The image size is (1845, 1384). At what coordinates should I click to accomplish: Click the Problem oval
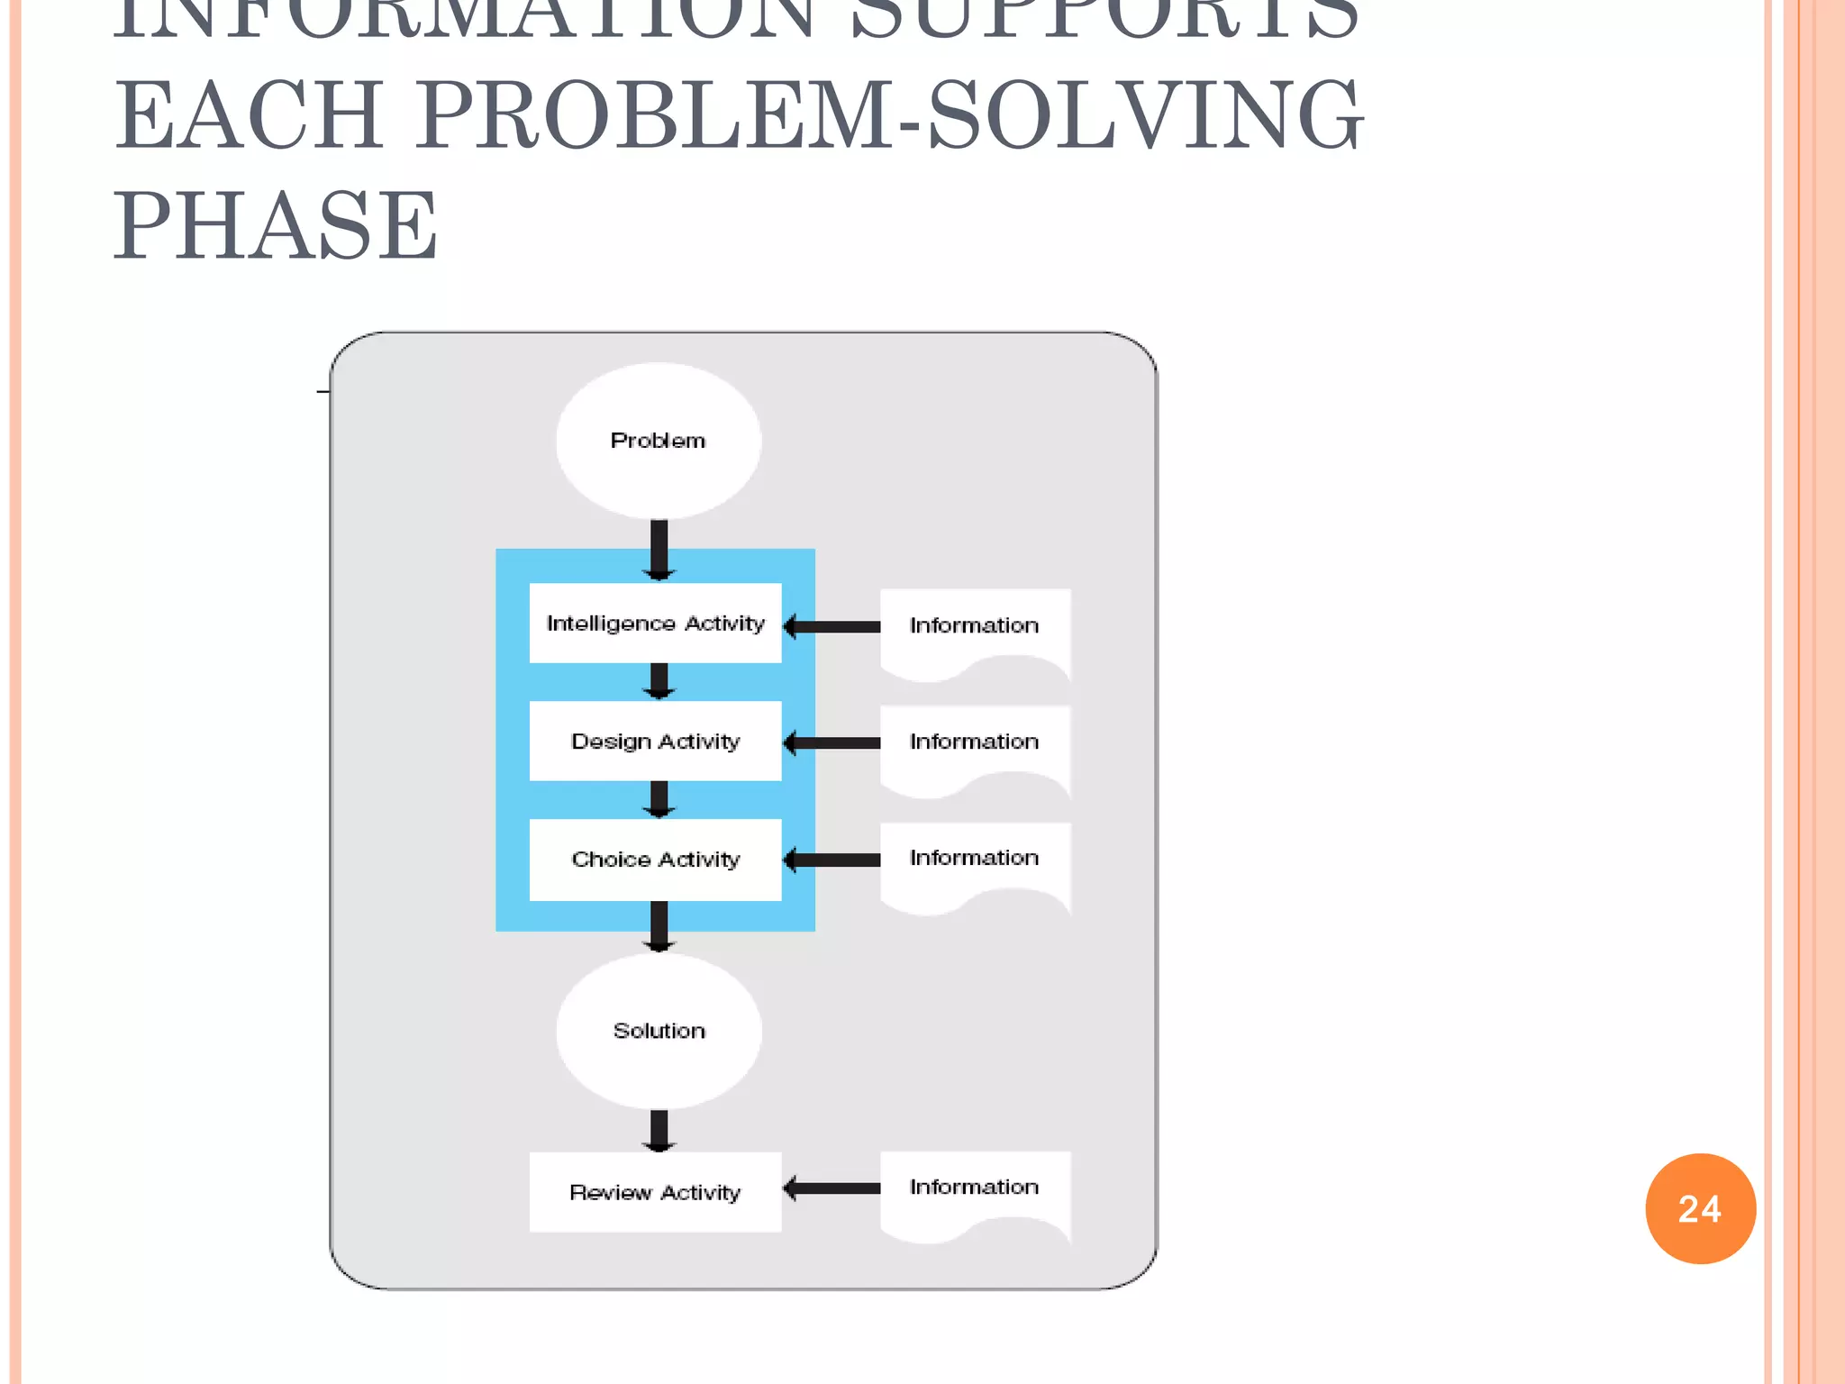(658, 441)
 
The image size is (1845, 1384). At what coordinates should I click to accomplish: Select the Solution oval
(659, 1031)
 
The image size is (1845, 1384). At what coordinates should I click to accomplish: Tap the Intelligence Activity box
(655, 624)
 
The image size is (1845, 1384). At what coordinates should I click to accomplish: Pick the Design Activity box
(655, 741)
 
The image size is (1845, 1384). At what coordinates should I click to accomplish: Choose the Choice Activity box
(655, 860)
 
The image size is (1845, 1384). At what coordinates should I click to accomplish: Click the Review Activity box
(655, 1192)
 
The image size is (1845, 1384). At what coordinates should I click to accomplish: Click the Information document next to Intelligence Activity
(975, 631)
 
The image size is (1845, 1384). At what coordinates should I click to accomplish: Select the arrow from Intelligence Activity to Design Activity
(659, 681)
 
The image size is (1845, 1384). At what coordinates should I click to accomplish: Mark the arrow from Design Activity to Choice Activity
(659, 799)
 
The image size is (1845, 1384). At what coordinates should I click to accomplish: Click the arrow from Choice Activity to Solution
(659, 926)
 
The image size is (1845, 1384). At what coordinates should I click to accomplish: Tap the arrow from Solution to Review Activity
(659, 1131)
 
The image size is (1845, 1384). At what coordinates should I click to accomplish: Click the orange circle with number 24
(1700, 1208)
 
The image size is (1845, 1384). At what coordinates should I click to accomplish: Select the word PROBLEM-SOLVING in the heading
(887, 115)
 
